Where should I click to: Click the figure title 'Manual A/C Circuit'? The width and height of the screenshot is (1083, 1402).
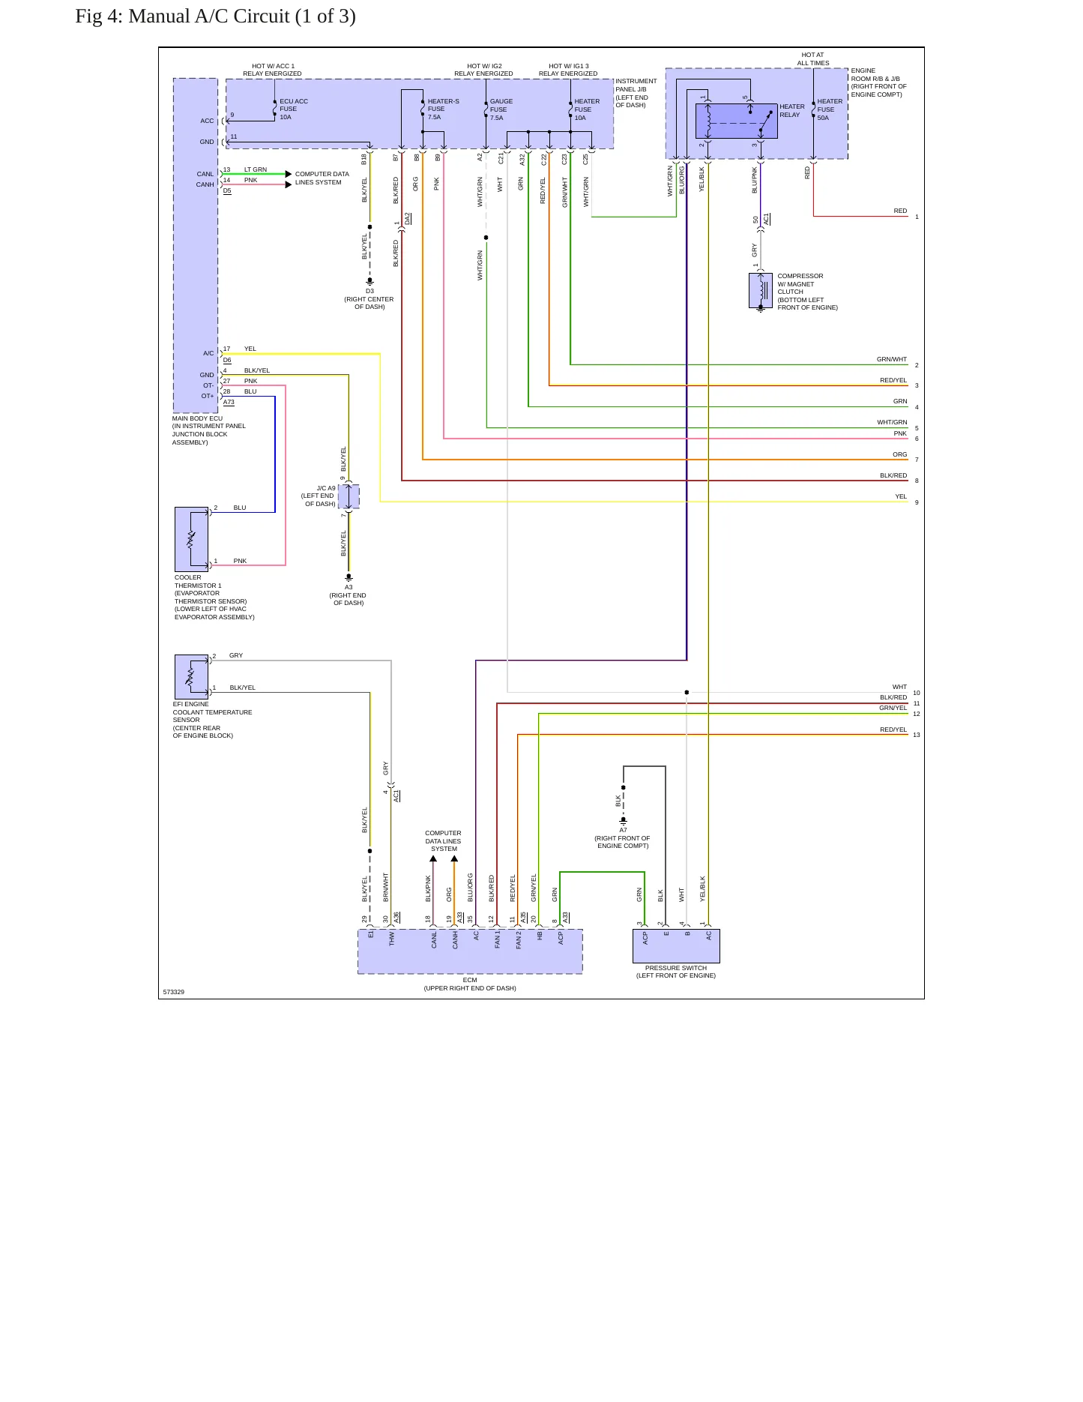click(209, 16)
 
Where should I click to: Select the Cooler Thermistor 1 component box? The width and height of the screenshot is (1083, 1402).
click(191, 540)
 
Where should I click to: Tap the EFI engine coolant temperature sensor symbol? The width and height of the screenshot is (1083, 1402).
click(191, 677)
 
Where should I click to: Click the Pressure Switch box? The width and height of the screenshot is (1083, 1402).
click(676, 946)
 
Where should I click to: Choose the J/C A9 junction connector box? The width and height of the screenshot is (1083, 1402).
click(349, 496)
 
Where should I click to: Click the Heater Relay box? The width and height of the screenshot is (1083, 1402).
click(737, 121)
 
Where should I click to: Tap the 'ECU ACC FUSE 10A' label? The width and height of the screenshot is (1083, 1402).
click(294, 109)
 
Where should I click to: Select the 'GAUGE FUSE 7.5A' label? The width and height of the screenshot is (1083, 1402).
click(501, 109)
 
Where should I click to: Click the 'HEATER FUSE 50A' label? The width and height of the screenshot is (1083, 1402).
click(830, 109)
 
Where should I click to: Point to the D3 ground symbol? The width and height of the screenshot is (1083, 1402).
click(369, 281)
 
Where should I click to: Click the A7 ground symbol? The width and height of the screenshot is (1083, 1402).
click(624, 821)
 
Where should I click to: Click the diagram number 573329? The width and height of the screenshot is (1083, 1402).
click(174, 992)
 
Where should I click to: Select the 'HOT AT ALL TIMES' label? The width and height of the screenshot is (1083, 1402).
click(813, 59)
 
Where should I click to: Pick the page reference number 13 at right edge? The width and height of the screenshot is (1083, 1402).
click(917, 735)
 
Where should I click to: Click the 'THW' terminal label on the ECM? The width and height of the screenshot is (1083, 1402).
click(391, 939)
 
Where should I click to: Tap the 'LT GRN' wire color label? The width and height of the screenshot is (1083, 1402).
click(256, 169)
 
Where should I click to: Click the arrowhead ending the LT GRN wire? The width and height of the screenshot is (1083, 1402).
click(289, 174)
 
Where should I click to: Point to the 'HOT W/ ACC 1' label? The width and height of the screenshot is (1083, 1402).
click(273, 66)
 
